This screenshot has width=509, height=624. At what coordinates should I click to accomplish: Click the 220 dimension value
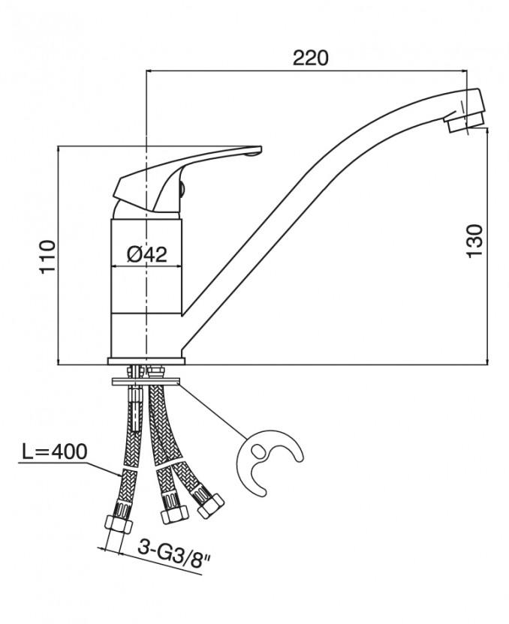310,58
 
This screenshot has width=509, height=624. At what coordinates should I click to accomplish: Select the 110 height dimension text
47,256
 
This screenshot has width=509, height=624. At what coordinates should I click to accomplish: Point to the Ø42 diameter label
146,255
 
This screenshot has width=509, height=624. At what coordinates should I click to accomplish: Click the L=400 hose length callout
53,452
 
